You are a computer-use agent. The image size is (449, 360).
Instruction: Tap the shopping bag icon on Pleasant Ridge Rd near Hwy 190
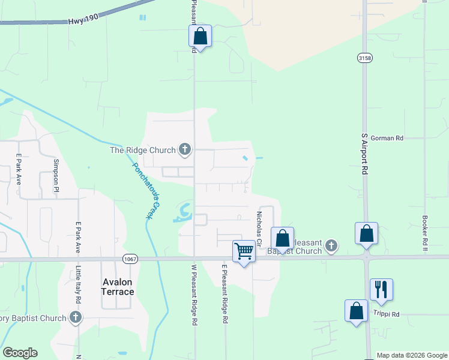pos(200,36)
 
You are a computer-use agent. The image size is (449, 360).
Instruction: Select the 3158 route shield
pos(364,58)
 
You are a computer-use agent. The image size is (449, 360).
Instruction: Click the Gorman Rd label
pos(387,138)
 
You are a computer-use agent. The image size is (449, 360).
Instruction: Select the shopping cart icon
pos(244,251)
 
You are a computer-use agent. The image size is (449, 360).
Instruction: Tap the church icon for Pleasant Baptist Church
pos(331,245)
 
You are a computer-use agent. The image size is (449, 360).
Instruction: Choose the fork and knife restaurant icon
pos(381,289)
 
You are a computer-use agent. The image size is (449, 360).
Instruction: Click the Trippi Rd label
pos(387,314)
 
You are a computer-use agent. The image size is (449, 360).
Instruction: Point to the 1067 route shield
pos(128,259)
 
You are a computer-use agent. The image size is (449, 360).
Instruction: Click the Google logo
pos(20,353)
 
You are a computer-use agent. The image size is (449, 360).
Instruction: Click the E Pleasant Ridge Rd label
pos(224,295)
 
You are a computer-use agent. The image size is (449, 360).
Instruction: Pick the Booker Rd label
pos(424,230)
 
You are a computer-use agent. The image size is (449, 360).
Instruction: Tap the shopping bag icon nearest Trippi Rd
pos(356,311)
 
